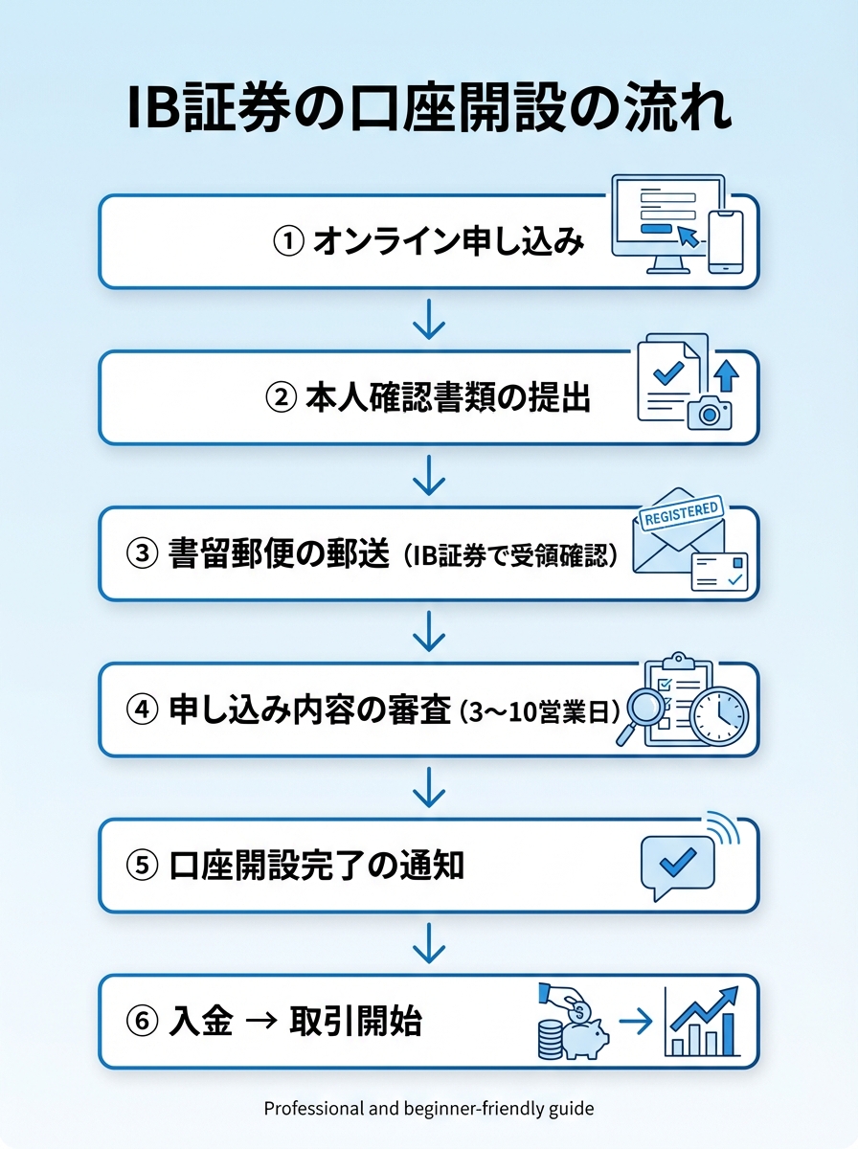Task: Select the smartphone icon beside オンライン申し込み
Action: tap(725, 240)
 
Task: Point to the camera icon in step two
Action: tap(709, 412)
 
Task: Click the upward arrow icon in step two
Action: tap(726, 374)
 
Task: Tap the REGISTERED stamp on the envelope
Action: tap(681, 513)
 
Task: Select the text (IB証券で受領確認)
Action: tap(508, 555)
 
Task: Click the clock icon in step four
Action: tap(717, 714)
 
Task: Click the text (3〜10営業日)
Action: tap(540, 711)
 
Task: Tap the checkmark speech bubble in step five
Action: tap(677, 861)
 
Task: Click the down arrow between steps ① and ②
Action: tap(429, 320)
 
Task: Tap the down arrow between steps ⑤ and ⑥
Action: tap(429, 943)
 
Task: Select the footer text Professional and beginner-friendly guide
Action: tap(429, 1109)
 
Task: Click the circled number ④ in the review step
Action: tap(141, 711)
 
